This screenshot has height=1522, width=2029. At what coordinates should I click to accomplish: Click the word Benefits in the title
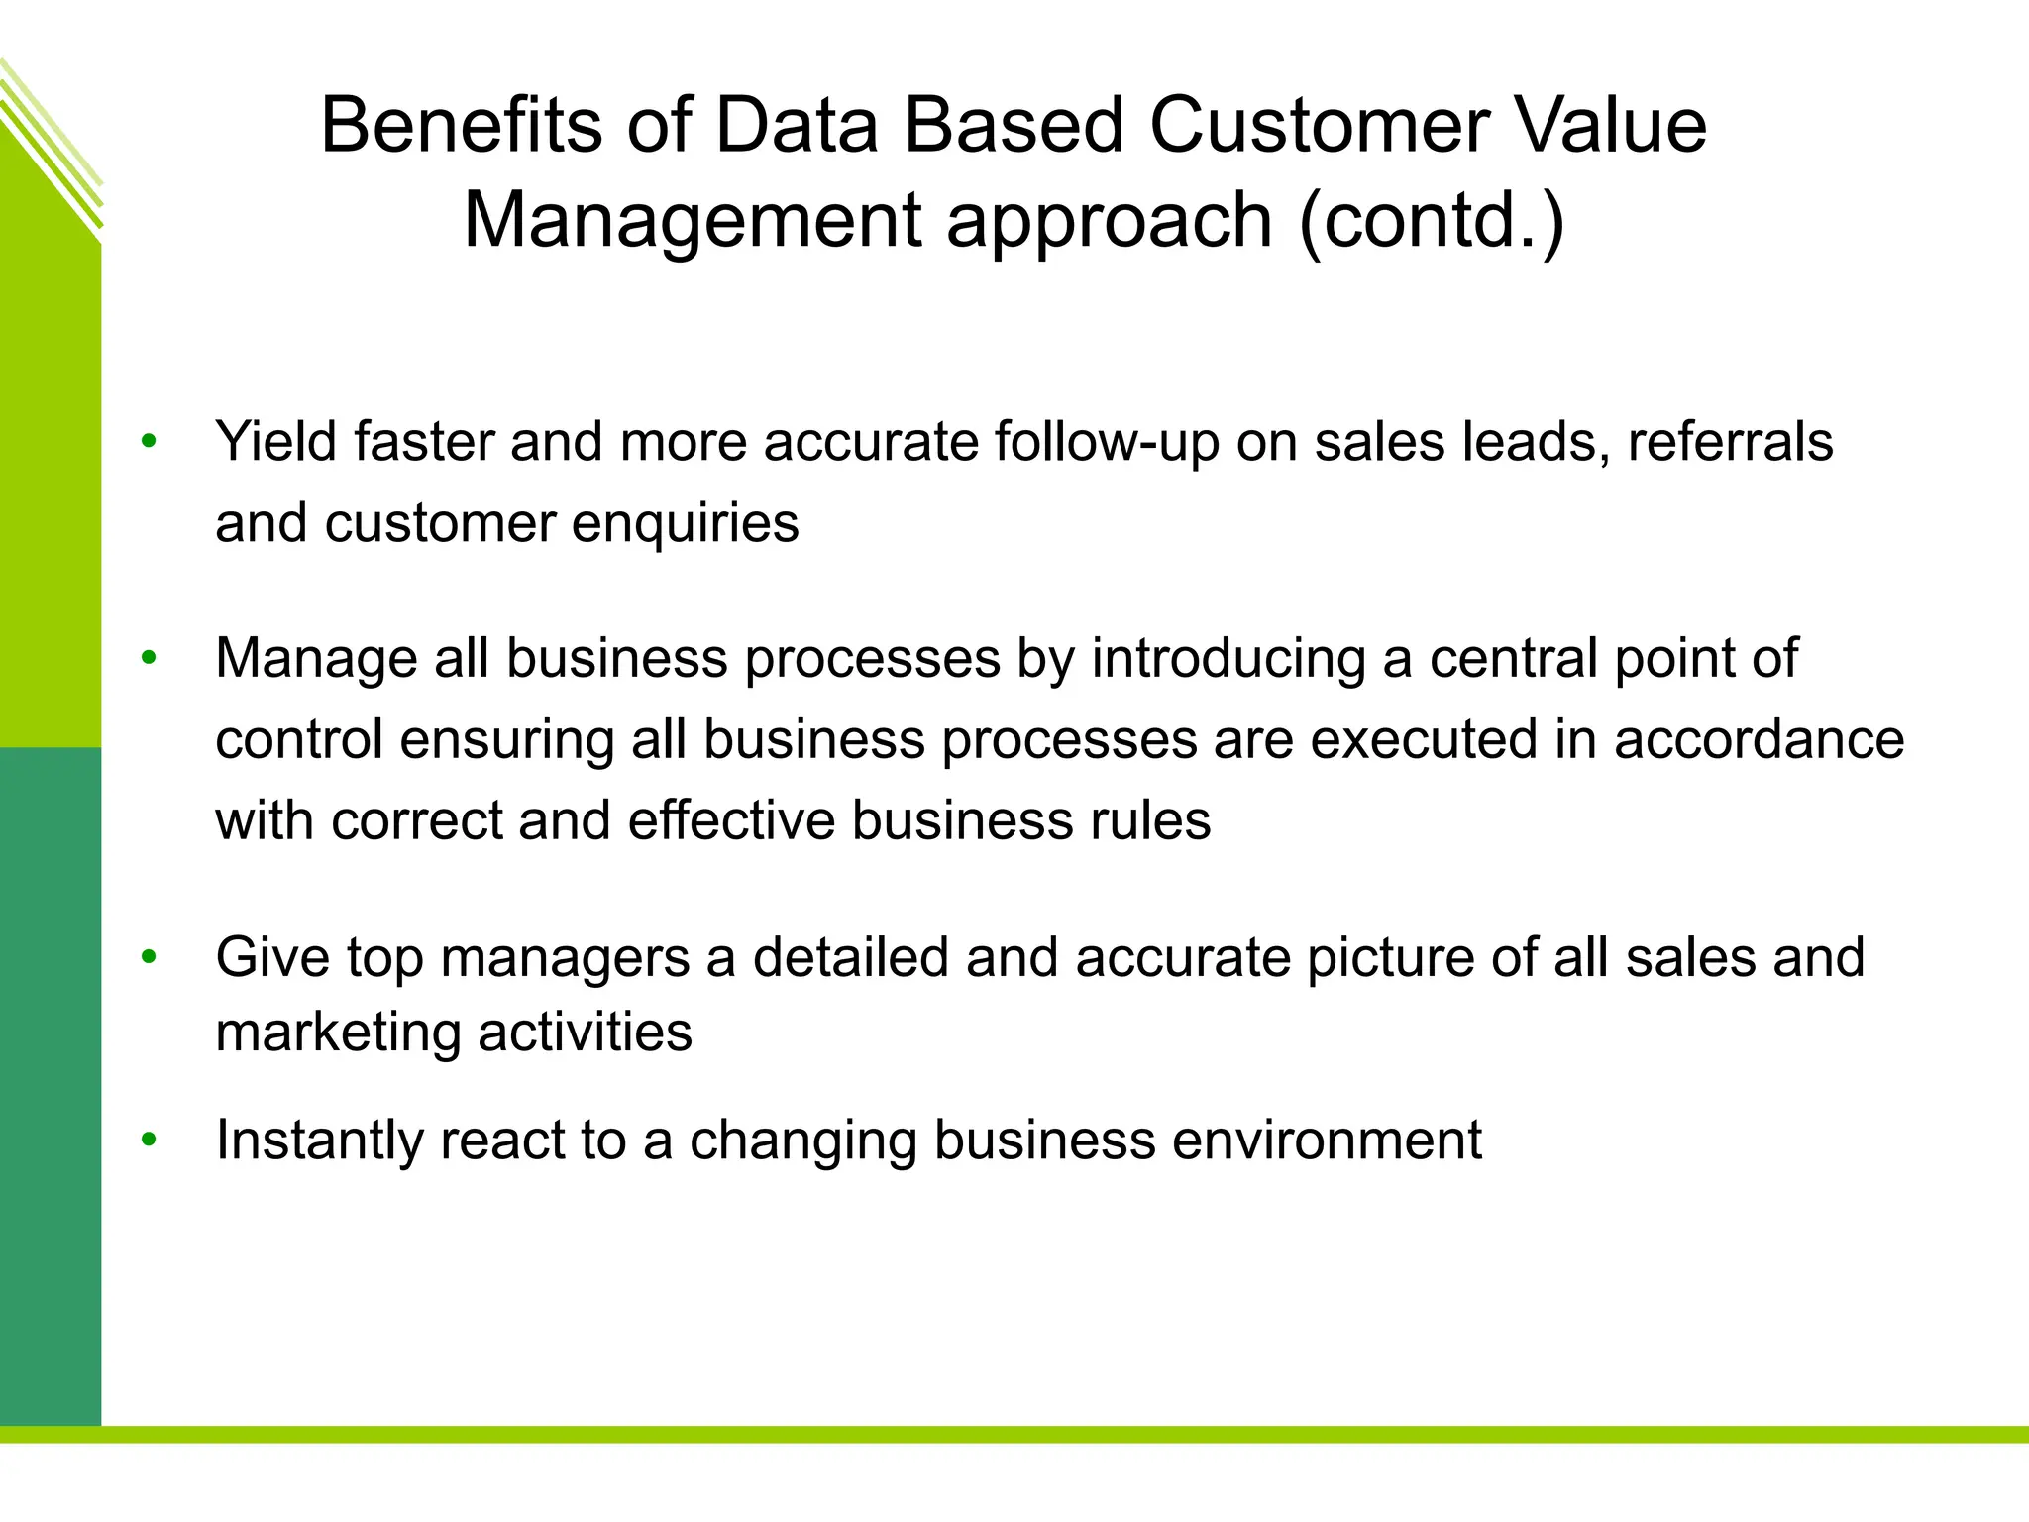coord(461,126)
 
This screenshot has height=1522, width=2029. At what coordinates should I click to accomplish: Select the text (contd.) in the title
coord(1432,220)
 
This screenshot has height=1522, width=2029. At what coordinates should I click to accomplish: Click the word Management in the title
coord(693,222)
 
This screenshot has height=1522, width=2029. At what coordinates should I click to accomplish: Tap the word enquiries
coord(685,524)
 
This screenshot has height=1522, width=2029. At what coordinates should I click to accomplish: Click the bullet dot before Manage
coord(149,658)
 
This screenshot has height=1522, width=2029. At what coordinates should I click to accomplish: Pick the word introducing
coord(1228,659)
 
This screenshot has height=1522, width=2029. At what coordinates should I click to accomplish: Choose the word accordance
coord(1759,740)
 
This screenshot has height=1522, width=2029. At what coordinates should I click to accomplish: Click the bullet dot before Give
coord(149,957)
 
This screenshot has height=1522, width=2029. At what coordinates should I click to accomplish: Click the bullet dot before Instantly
coord(149,1140)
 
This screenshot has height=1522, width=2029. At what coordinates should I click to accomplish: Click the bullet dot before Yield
coord(149,441)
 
